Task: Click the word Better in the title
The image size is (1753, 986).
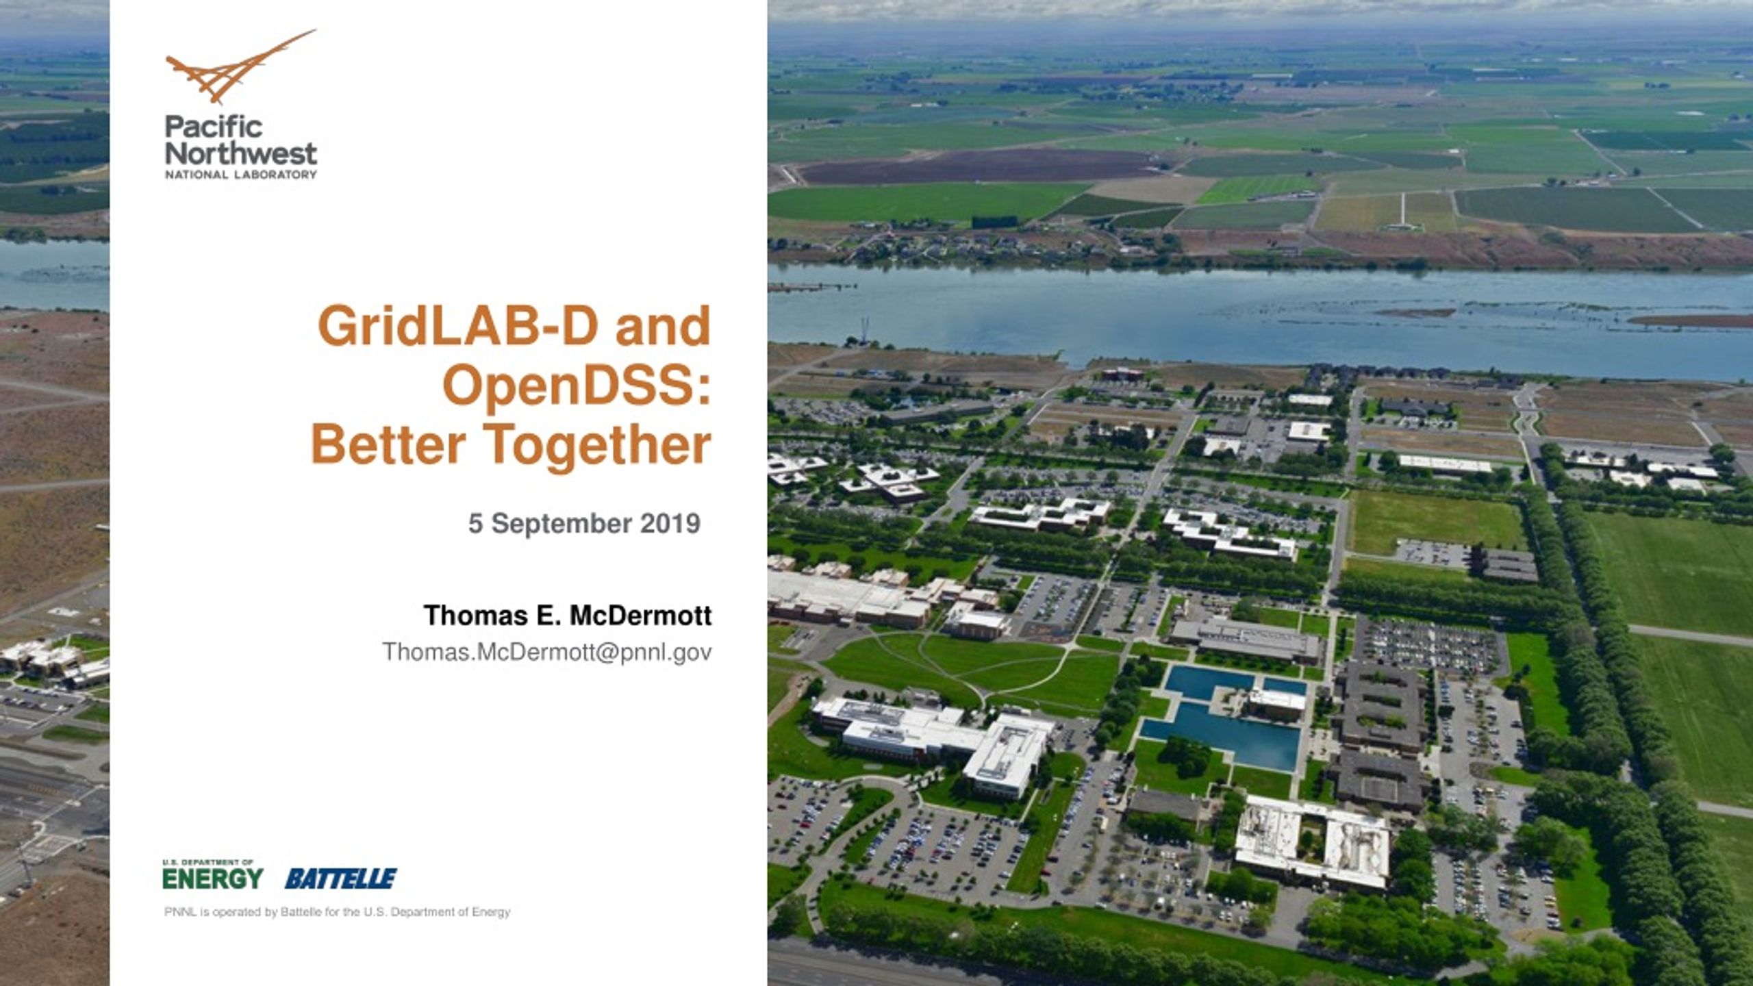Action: tap(388, 445)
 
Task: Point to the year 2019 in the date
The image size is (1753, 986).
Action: tap(670, 524)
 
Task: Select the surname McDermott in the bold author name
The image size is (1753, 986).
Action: tap(641, 616)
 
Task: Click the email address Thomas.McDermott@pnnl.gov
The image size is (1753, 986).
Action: tap(547, 652)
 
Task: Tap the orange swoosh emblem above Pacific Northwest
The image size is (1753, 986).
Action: tap(240, 67)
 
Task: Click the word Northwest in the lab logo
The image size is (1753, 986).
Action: tap(241, 153)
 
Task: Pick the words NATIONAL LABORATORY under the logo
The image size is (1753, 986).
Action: tap(241, 175)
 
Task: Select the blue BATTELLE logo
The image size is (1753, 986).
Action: tap(340, 878)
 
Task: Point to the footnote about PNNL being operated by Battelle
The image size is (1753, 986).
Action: tap(338, 912)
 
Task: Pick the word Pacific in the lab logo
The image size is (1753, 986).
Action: tap(214, 127)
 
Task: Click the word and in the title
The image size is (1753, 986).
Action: tap(663, 326)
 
